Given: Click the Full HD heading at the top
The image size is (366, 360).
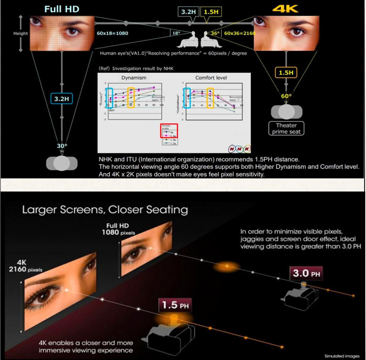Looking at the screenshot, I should coord(61,8).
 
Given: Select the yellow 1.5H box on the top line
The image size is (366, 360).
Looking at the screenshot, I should coord(211,11).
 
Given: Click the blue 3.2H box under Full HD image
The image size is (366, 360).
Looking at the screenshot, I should coord(61,99).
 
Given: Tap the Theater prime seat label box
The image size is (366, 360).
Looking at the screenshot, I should coord(286,128).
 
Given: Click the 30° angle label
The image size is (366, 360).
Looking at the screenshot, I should coord(62,146).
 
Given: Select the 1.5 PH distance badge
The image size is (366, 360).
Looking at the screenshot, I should coord(173,305).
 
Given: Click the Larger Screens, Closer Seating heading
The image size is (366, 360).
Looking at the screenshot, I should coord(105,209).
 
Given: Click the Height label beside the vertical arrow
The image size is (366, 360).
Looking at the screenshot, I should coord(21,33).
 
